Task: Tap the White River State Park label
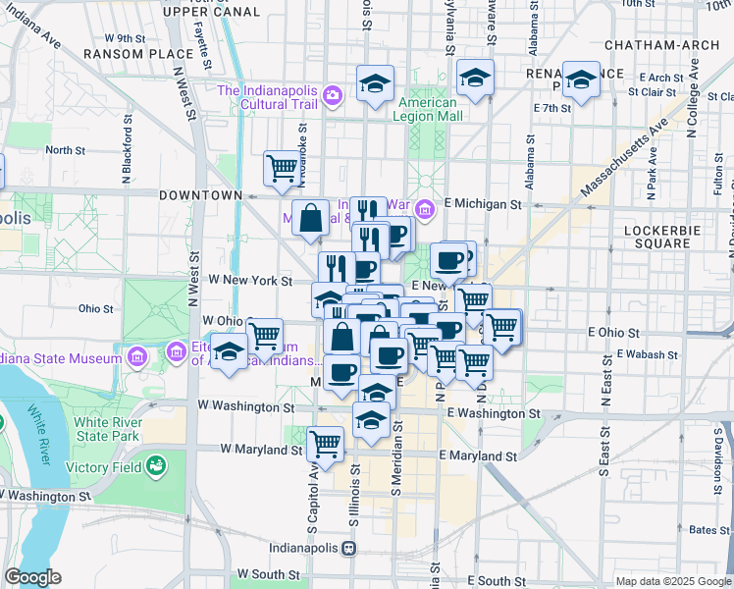point(108,430)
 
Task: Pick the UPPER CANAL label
point(212,12)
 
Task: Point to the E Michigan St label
point(482,203)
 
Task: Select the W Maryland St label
point(261,450)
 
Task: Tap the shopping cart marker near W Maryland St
point(325,443)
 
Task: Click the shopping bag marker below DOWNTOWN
point(310,220)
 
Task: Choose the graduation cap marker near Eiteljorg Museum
point(229,352)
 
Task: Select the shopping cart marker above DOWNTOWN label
point(282,168)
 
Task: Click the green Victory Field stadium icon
point(155,466)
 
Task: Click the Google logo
point(32,578)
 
